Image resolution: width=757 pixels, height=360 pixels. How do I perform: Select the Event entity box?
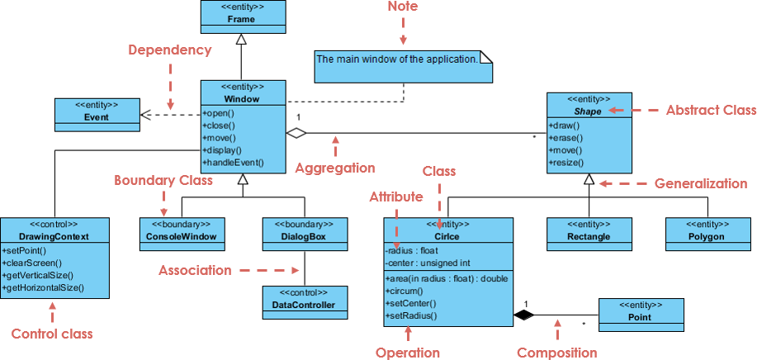97,111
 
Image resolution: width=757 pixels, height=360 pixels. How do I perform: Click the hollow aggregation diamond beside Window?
296,132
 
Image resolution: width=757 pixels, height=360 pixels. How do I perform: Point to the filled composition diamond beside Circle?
523,314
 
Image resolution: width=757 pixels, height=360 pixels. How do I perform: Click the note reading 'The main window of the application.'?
403,65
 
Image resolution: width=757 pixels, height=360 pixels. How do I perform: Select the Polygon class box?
707,231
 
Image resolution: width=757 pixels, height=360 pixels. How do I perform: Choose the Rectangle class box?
589,231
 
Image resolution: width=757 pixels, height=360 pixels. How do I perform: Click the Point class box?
640,312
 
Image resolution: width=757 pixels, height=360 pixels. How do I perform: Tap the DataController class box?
304,299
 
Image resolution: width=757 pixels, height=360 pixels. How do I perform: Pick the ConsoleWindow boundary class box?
182,231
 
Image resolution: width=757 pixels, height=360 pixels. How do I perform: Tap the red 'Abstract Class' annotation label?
710,110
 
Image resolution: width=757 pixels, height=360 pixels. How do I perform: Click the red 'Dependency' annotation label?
169,50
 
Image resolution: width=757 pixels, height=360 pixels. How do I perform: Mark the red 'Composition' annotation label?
556,353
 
